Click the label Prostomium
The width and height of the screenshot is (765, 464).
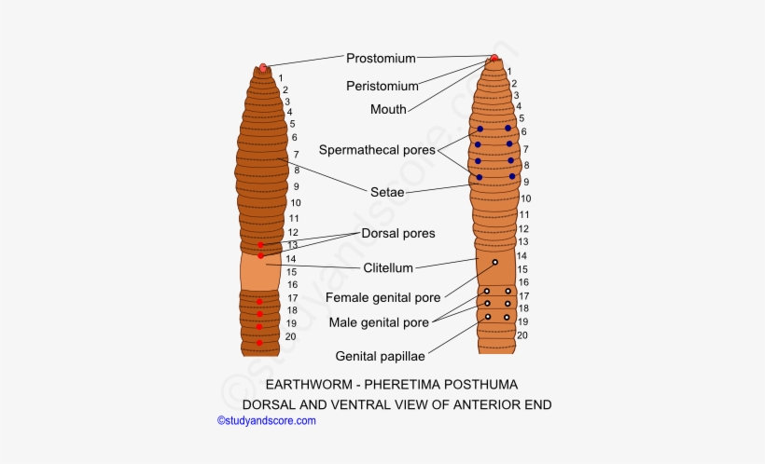[381, 58]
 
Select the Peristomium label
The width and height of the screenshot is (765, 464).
[382, 86]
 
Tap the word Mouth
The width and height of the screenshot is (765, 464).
[388, 109]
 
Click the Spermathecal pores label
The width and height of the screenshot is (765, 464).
[377, 150]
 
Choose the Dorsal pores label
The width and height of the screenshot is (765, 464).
[398, 233]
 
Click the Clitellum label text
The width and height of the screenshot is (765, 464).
[388, 268]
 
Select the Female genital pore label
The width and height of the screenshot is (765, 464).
[383, 298]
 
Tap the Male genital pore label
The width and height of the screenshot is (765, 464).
[379, 322]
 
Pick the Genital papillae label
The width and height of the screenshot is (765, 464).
[381, 356]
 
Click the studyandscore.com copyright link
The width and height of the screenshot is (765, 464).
[267, 421]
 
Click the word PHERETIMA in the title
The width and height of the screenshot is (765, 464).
[387, 385]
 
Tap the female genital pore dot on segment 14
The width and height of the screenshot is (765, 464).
[494, 263]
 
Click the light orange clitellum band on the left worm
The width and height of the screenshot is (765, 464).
[260, 271]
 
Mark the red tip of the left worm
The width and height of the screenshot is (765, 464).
[263, 67]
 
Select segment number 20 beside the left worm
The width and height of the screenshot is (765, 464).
[291, 336]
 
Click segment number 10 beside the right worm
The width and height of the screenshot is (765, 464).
[526, 198]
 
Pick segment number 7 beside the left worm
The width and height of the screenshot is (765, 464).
[296, 154]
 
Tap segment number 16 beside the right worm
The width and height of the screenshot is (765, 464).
[523, 282]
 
